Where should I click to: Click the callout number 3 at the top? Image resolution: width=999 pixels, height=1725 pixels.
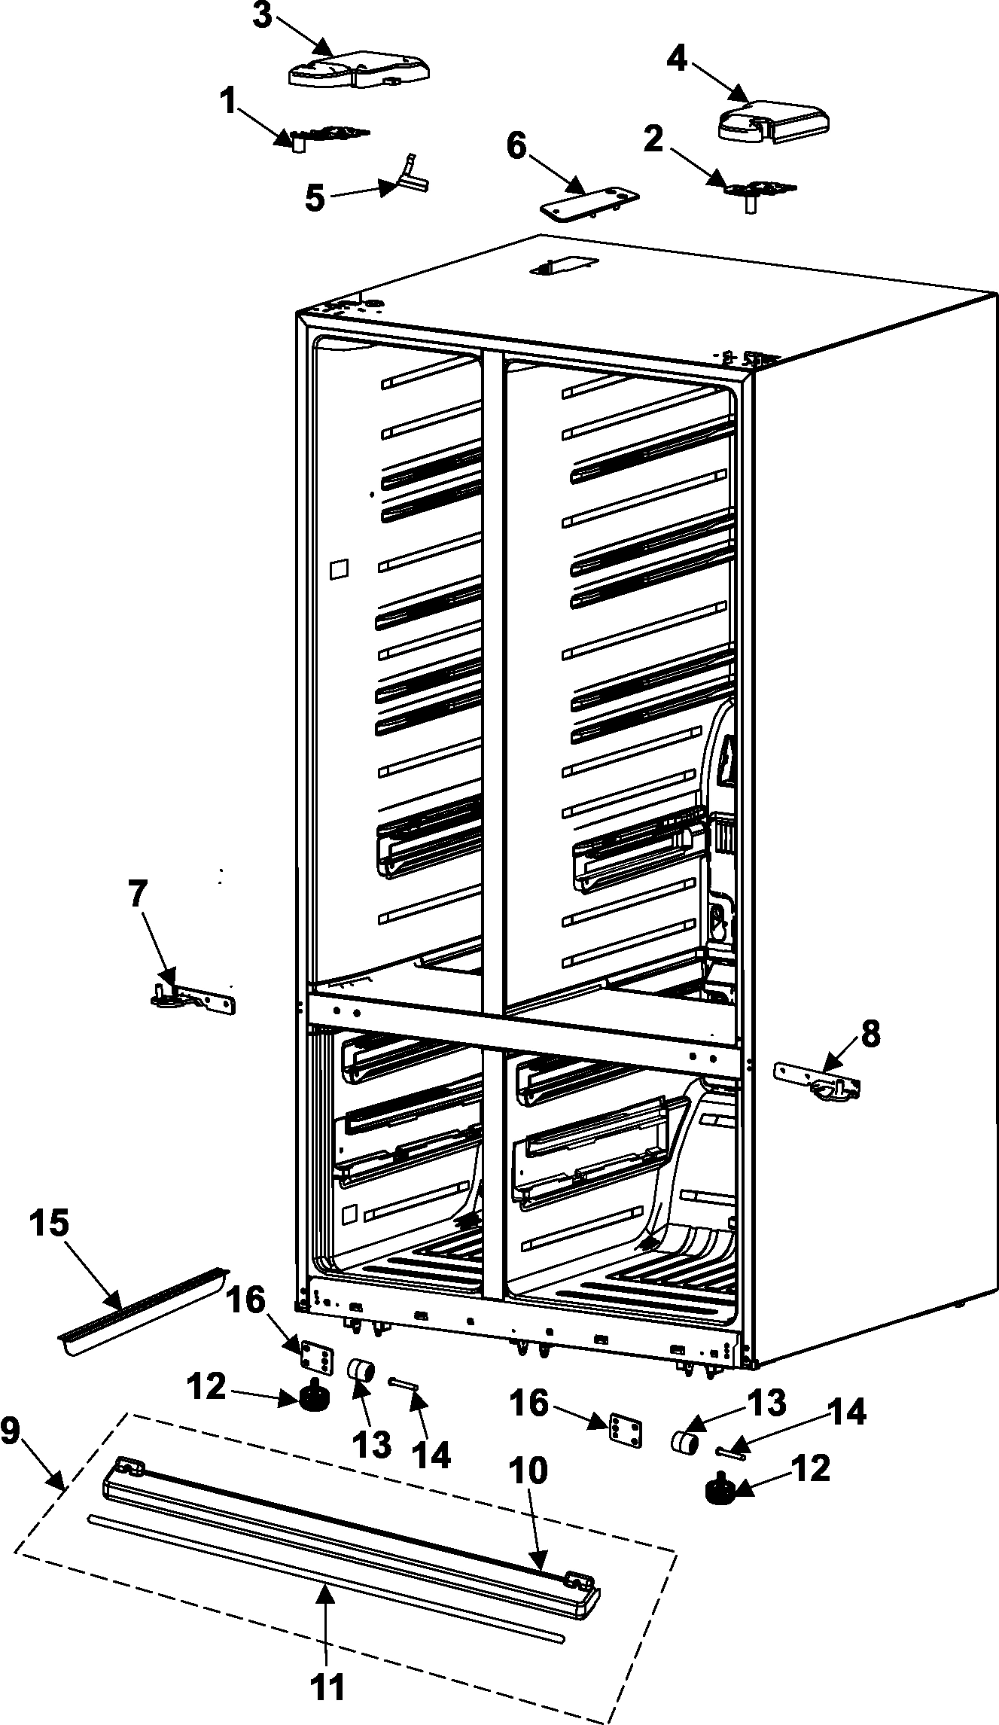[261, 16]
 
